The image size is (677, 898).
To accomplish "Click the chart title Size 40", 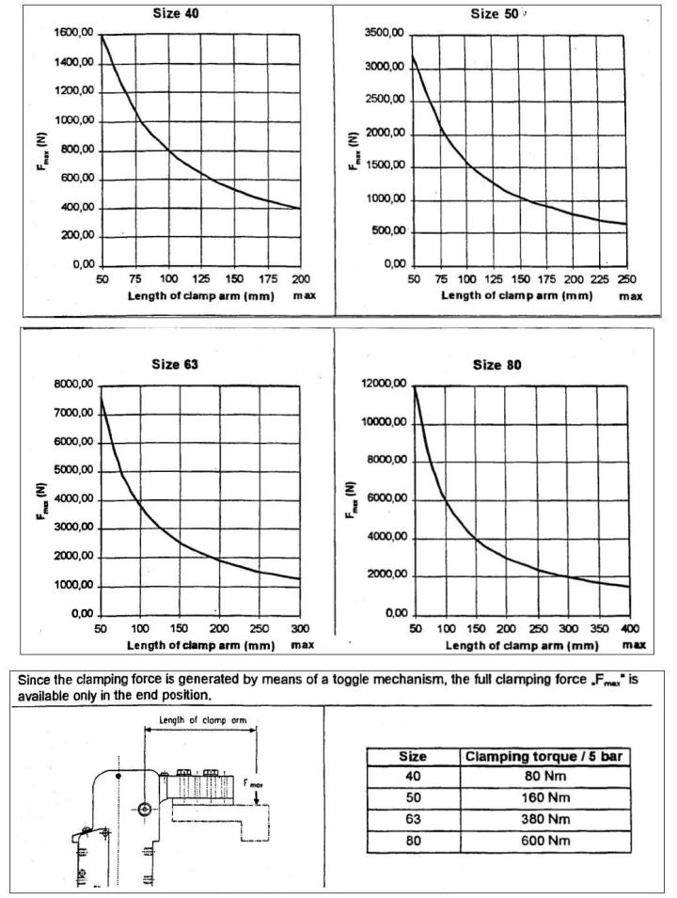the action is [176, 12].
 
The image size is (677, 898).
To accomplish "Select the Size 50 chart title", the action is [495, 14].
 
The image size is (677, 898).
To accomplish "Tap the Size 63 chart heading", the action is [175, 364].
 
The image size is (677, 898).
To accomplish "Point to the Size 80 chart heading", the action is [497, 365].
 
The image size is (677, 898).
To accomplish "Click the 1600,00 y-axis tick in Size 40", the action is [74, 33].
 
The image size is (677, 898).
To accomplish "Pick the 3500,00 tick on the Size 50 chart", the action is [385, 35].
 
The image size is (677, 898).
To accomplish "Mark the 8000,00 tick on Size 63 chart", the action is [73, 385].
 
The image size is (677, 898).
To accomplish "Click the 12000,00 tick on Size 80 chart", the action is [385, 384].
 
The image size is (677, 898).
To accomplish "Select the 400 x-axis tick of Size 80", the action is [629, 629].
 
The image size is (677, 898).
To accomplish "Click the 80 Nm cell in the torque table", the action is [544, 776].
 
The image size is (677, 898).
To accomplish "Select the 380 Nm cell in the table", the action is [545, 819].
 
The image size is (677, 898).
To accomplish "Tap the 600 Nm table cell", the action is [545, 841].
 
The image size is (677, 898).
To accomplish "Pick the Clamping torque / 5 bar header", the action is [543, 756].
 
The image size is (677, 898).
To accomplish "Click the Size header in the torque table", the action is [413, 756].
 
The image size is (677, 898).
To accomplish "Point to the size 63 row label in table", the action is [413, 819].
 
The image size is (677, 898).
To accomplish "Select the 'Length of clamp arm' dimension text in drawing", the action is [203, 720].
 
